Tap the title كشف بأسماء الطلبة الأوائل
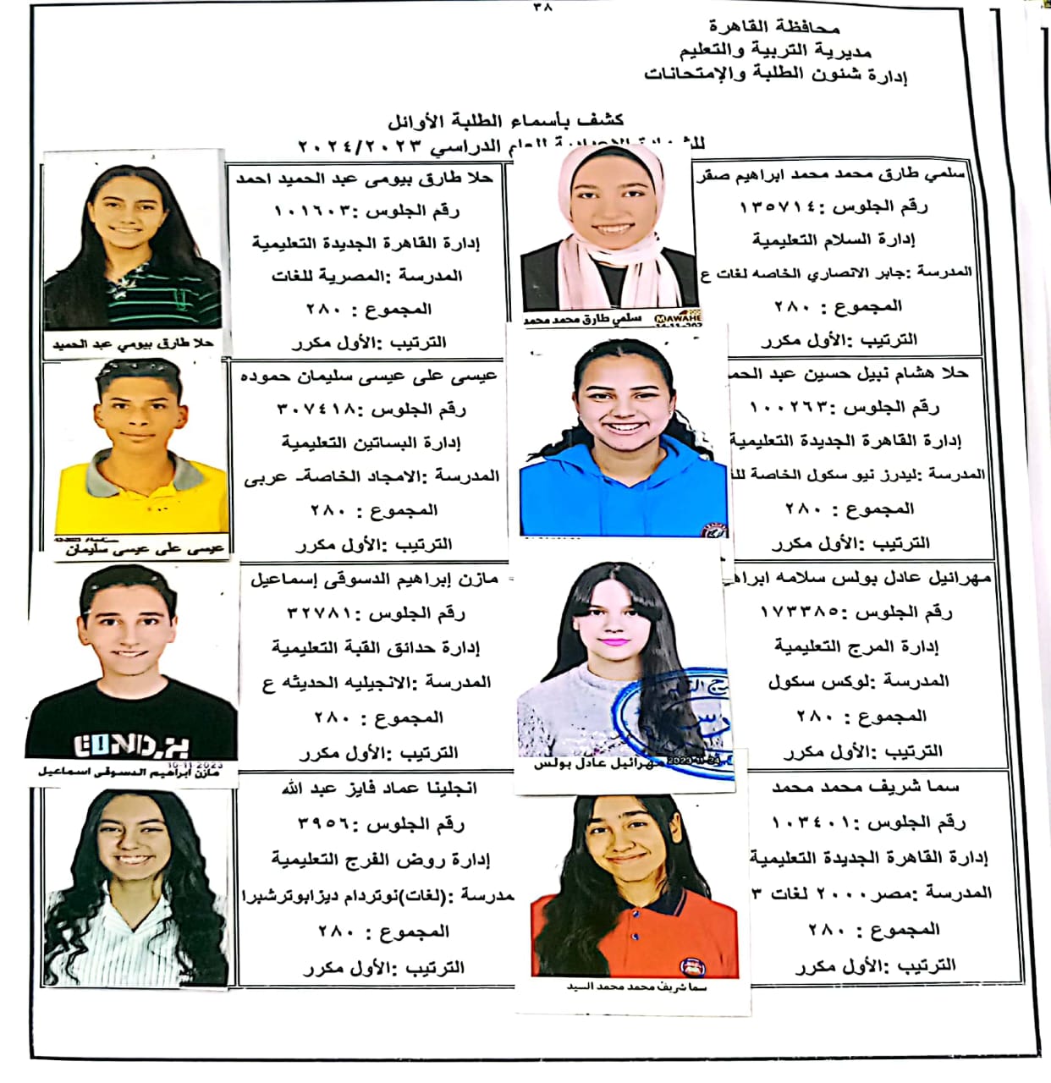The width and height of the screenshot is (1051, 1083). (x=505, y=120)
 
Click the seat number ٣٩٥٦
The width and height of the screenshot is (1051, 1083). (x=322, y=823)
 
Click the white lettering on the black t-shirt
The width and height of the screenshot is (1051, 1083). (x=131, y=745)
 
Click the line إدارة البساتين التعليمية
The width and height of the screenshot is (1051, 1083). (x=371, y=443)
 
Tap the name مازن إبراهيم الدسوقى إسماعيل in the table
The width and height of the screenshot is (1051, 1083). (x=373, y=580)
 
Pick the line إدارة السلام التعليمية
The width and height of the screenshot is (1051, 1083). (x=834, y=239)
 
